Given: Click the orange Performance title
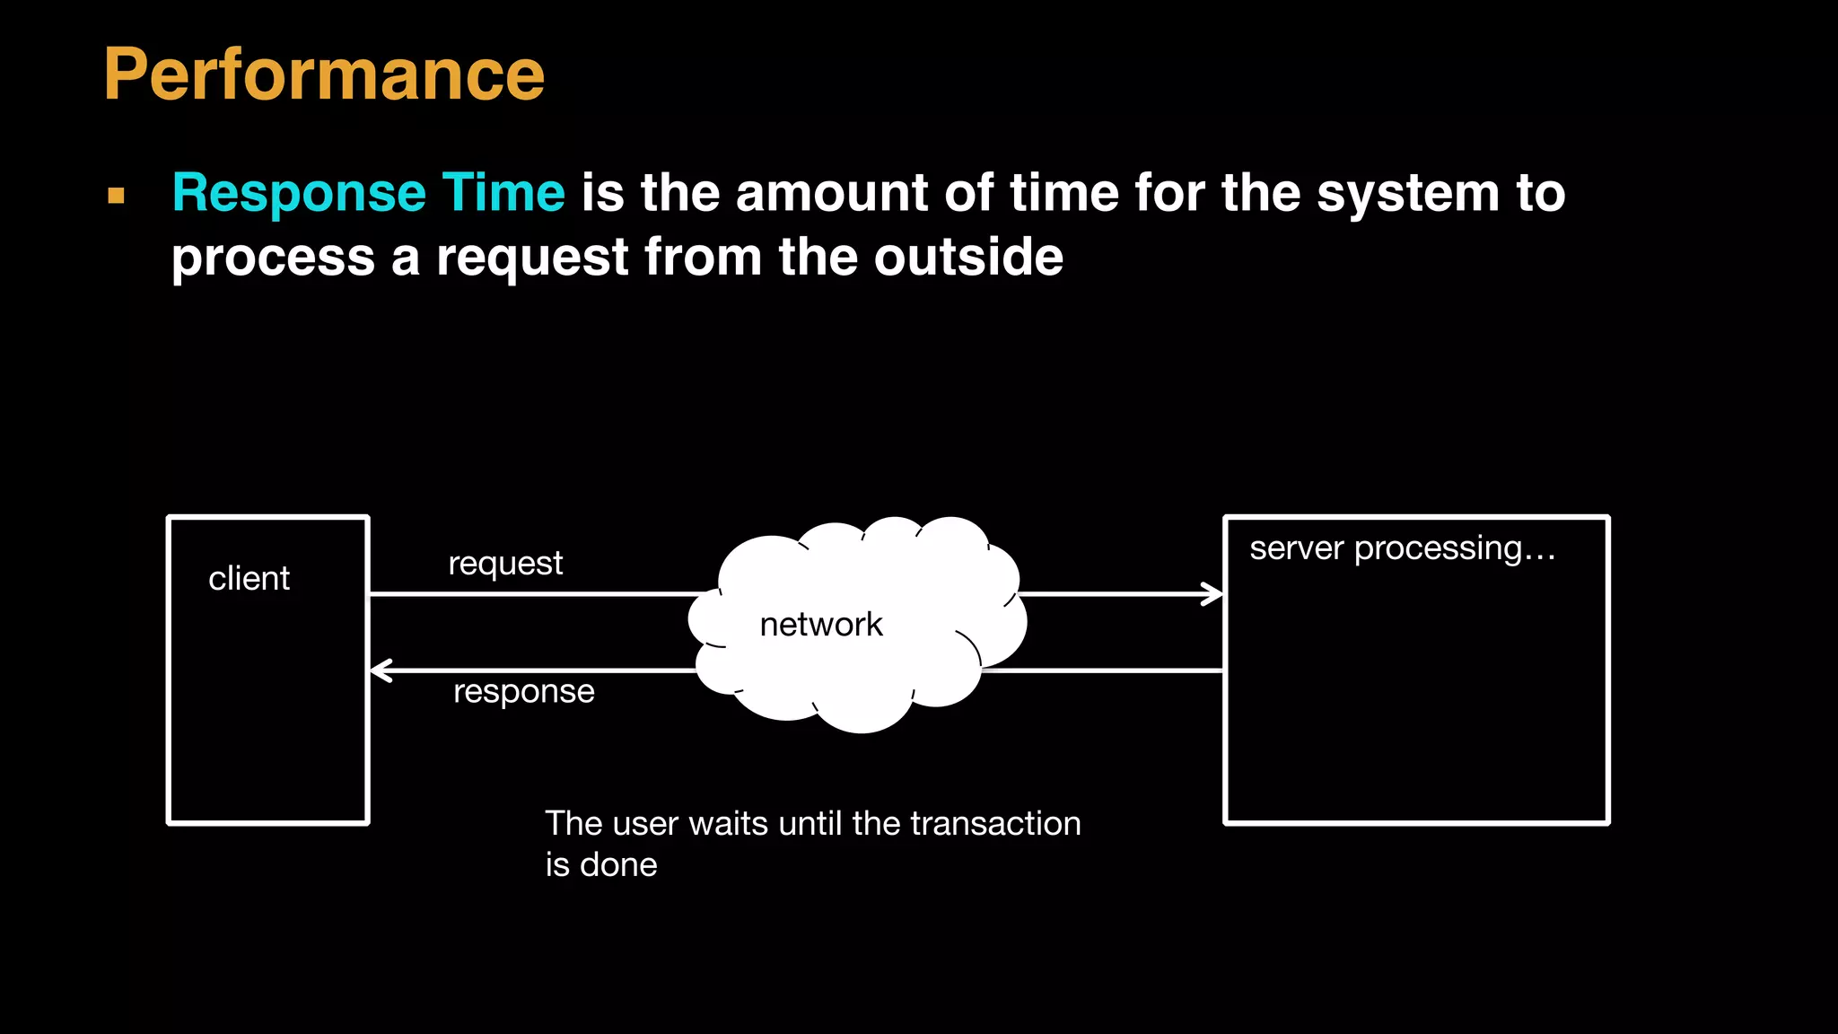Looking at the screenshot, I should click(324, 75).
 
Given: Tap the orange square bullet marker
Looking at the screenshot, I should click(116, 196).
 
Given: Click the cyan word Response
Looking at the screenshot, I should click(299, 194).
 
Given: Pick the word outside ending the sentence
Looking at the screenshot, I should click(968, 258).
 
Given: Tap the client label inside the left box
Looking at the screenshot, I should click(249, 579).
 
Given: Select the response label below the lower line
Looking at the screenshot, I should click(523, 692).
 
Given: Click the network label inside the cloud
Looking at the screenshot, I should click(820, 625).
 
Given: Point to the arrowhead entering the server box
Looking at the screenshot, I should click(1214, 594).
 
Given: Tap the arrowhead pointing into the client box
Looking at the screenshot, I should click(379, 670).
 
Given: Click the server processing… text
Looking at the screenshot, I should click(1402, 548).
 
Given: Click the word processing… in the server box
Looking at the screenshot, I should click(1454, 549).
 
